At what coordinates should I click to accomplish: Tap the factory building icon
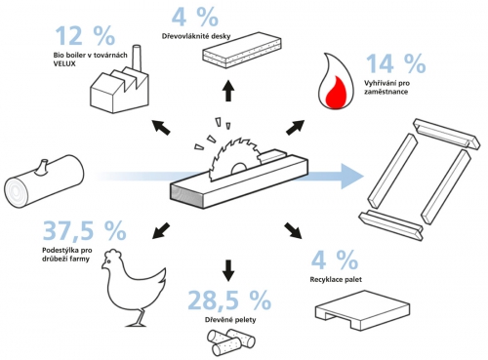click(x=118, y=87)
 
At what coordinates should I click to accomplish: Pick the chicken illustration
click(x=138, y=283)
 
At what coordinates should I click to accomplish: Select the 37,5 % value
click(x=84, y=231)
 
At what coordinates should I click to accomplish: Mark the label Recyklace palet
click(x=341, y=279)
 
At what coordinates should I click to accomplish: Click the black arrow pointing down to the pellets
click(x=228, y=266)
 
